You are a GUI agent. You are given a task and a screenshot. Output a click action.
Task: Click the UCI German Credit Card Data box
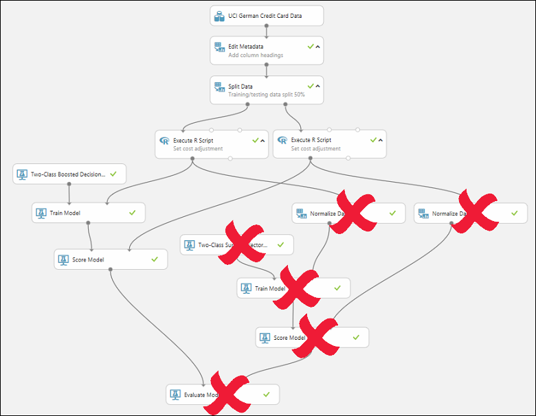click(x=267, y=16)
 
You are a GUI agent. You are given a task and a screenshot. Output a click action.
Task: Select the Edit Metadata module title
click(x=245, y=46)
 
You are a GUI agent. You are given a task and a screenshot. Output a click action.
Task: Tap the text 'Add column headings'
click(x=256, y=55)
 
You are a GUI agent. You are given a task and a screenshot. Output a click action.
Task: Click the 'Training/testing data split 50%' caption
click(x=267, y=95)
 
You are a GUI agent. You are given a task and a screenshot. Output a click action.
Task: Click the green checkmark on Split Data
click(x=310, y=86)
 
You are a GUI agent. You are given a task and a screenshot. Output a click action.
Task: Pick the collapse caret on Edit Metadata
click(x=318, y=46)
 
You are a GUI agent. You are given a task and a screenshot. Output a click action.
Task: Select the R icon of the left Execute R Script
click(x=164, y=141)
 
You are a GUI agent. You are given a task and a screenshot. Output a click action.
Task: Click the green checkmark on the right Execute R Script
click(x=373, y=139)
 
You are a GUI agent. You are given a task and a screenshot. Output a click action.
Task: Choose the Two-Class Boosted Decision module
click(x=69, y=174)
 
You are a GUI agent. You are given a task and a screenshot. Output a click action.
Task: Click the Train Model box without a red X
click(x=88, y=213)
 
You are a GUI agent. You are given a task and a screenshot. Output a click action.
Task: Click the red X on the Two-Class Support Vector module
click(x=243, y=243)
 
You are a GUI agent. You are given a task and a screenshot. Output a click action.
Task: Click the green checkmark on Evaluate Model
click(x=266, y=394)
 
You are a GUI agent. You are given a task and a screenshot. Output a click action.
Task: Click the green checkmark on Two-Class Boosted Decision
click(x=113, y=174)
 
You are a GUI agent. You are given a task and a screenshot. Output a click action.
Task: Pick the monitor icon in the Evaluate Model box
click(x=176, y=395)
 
